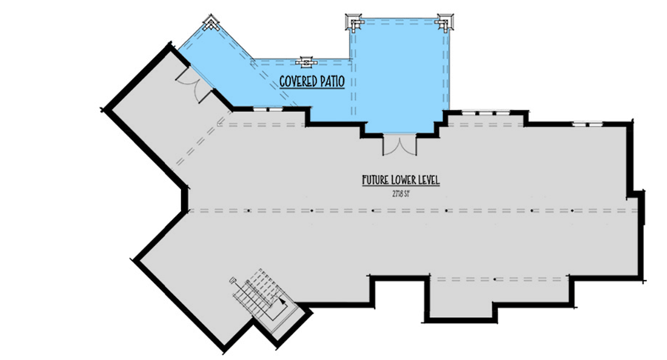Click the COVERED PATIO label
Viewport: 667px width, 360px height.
[x=311, y=81]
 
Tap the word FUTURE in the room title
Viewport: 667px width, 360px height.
[x=376, y=181]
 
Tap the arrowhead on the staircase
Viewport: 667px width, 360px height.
[x=282, y=301]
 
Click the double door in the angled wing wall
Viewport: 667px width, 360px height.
[x=196, y=87]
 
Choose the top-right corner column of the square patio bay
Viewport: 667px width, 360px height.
[x=445, y=22]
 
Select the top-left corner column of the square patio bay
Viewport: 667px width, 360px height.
[x=354, y=22]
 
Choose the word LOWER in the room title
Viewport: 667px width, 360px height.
[x=404, y=181]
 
